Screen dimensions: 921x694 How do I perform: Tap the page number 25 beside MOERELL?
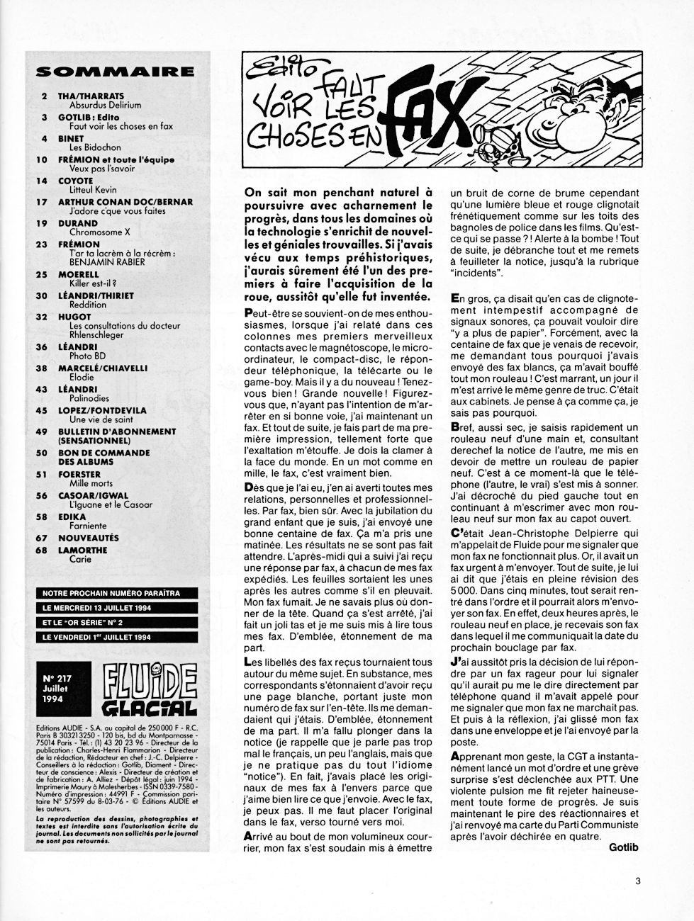44,274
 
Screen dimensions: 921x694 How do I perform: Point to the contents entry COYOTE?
75,181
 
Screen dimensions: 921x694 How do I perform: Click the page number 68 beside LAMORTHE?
44,550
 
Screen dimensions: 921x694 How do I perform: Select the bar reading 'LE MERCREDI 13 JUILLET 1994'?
101,608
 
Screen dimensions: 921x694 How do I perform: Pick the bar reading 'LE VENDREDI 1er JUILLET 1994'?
101,637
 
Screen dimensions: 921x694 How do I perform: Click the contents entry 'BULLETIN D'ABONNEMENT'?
117,431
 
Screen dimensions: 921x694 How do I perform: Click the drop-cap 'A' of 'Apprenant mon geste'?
454,757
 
